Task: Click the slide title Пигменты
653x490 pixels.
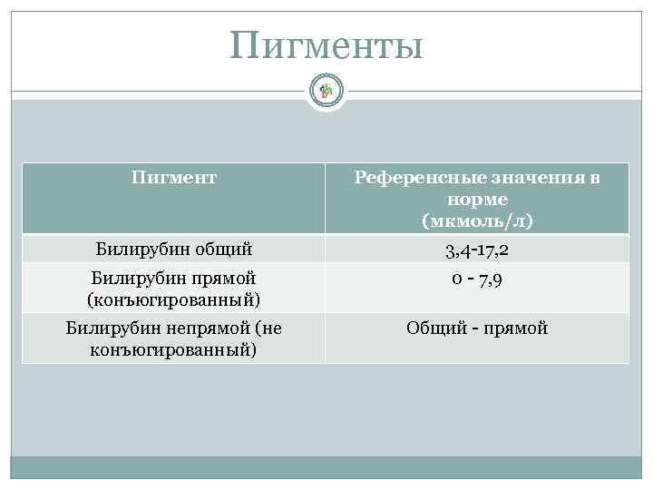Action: click(x=326, y=45)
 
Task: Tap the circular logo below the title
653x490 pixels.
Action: click(x=326, y=90)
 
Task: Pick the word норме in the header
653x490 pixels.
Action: click(x=477, y=199)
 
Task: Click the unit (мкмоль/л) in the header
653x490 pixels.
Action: click(x=477, y=220)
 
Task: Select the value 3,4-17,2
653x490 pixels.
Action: click(x=477, y=248)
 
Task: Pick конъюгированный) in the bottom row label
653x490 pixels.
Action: click(x=174, y=348)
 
